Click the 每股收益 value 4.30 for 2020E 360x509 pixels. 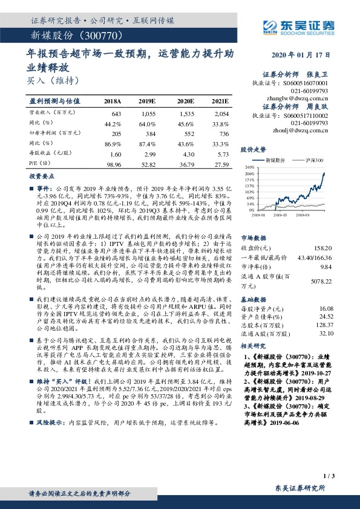click(184, 154)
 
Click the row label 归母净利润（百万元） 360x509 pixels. click(51, 133)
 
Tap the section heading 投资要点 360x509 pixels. click(42, 176)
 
